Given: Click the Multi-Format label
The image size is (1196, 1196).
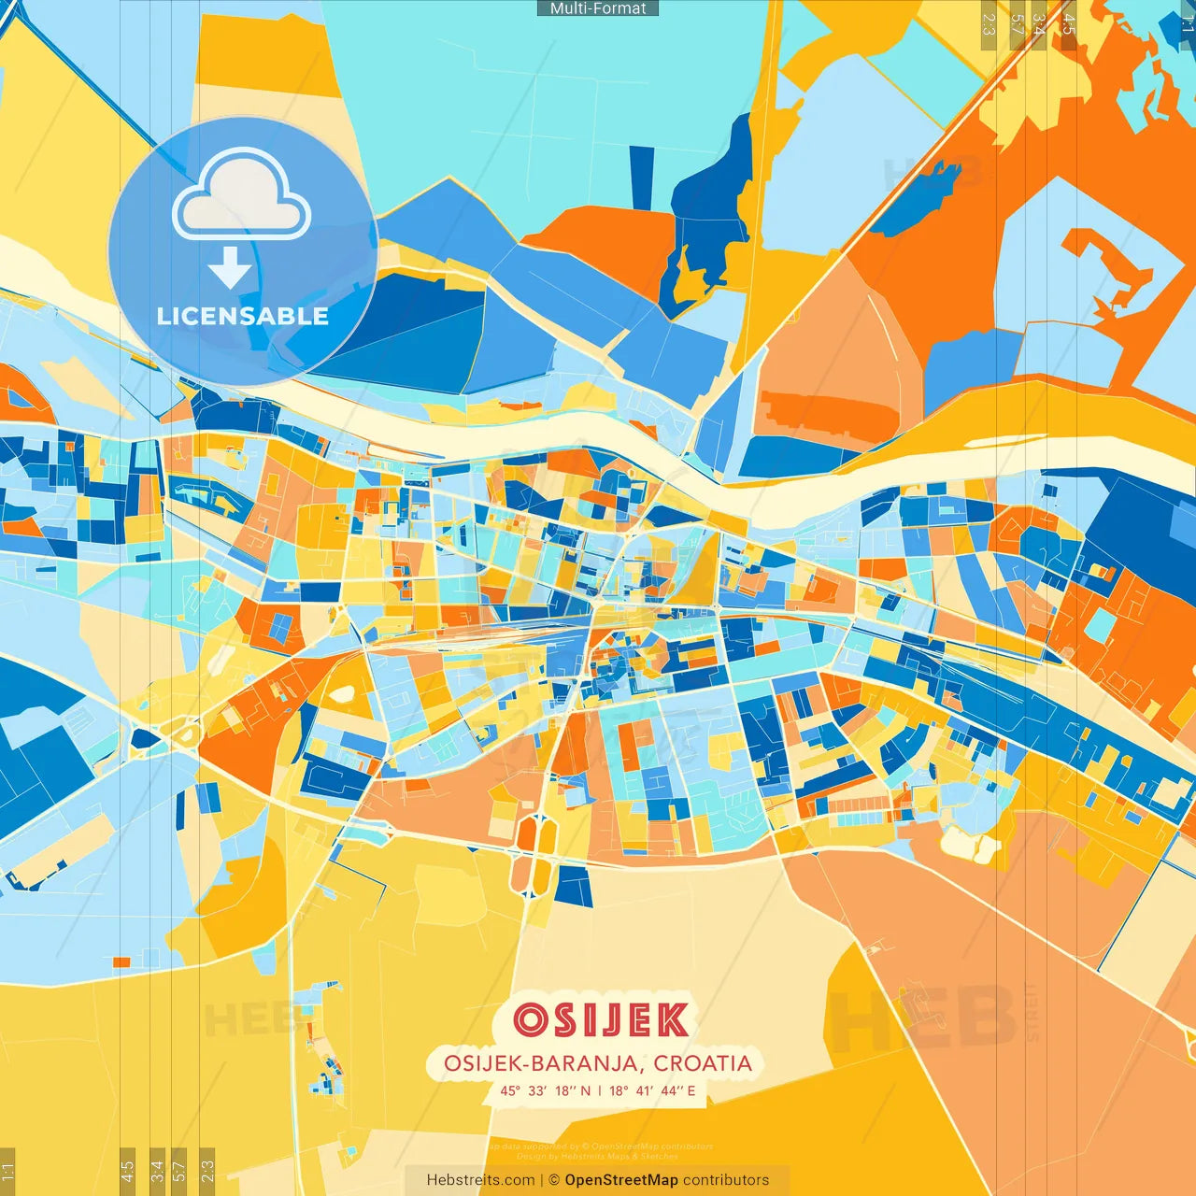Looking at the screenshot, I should coord(598,8).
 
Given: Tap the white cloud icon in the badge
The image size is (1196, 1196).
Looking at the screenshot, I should coord(241,196).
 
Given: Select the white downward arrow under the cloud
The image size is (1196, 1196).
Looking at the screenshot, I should coord(230,268).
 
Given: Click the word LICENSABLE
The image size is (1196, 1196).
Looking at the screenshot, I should coord(243,317).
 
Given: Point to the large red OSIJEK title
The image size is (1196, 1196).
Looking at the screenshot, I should coord(601,1020).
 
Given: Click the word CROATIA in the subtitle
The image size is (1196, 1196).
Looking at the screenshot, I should coord(703,1063).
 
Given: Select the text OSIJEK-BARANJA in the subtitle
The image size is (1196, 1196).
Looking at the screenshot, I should coord(541,1063).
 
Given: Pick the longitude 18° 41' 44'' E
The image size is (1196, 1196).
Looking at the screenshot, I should coord(652,1090).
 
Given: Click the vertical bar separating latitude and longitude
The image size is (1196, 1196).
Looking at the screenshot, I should coord(600,1090).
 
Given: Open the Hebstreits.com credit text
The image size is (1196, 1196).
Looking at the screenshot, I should coord(480,1180).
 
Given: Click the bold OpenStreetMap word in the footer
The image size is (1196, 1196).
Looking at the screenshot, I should coord(621,1180).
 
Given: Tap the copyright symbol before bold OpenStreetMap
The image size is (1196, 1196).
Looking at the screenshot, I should coord(554,1180).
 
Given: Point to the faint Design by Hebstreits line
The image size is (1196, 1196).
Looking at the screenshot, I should coord(597,1157).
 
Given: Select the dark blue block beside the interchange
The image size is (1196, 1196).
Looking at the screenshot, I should coord(574,886).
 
